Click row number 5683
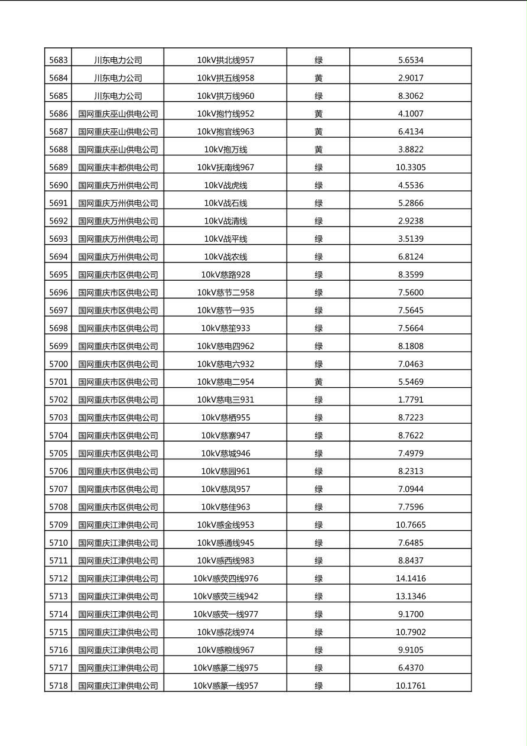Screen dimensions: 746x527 (x=58, y=60)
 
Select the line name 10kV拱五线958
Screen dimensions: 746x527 (x=225, y=78)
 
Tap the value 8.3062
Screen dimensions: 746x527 (x=411, y=96)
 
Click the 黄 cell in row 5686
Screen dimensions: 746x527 (x=318, y=113)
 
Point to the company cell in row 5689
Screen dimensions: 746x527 (x=118, y=167)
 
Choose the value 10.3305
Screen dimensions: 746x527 (x=411, y=167)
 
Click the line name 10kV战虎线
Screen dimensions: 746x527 (x=225, y=185)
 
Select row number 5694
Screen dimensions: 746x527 (x=58, y=257)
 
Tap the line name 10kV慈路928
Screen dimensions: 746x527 (x=225, y=274)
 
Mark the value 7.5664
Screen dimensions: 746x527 (x=411, y=328)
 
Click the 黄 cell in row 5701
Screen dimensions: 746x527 (x=318, y=382)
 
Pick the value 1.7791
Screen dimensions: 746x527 (x=411, y=400)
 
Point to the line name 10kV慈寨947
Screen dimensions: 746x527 (x=225, y=436)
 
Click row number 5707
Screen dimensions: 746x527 (x=58, y=489)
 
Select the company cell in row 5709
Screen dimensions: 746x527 (x=118, y=525)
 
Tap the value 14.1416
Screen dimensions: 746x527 (x=411, y=578)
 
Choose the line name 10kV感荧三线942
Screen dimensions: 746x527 (x=225, y=596)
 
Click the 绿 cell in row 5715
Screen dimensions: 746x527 (x=318, y=632)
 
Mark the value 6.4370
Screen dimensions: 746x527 (x=411, y=668)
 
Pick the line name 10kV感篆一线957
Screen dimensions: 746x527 (x=225, y=686)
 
